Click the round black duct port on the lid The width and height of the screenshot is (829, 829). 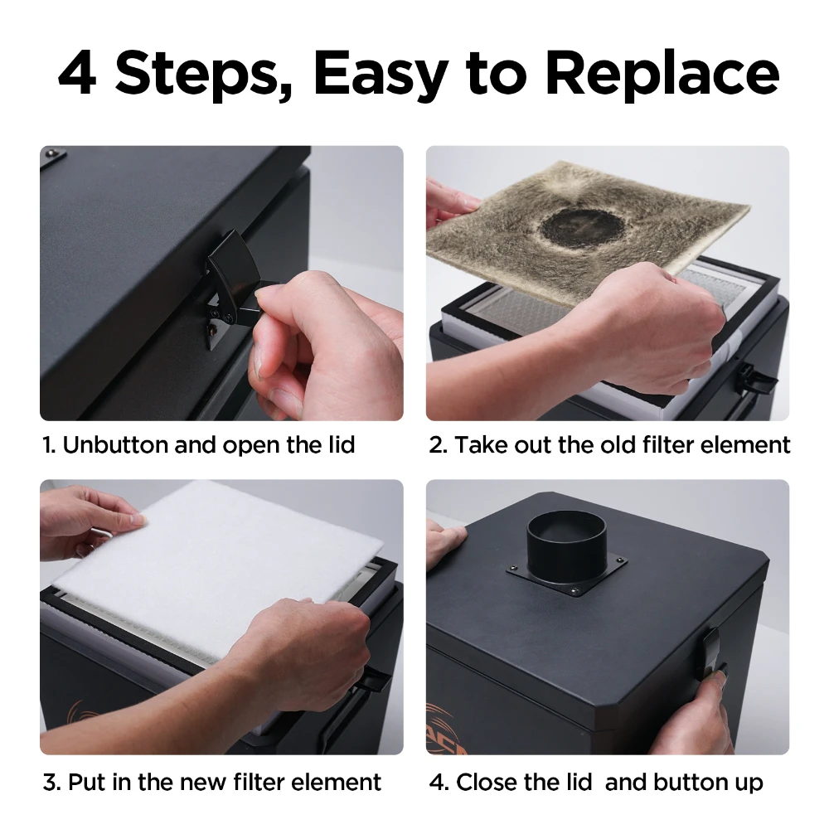[565, 543]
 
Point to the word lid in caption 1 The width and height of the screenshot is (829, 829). [337, 445]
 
